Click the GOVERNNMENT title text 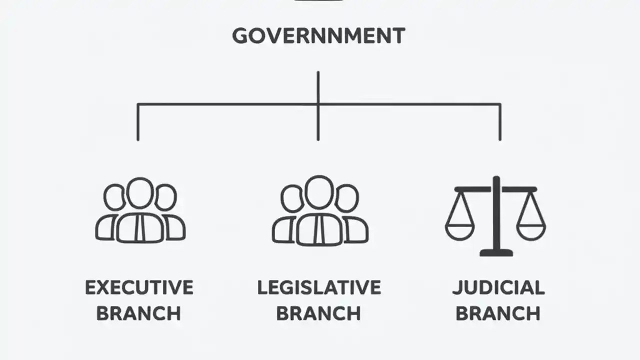click(x=318, y=36)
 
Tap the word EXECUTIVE click(x=139, y=287)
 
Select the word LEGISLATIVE click(x=319, y=287)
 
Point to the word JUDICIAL click(x=498, y=287)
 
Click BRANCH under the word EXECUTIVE click(x=139, y=313)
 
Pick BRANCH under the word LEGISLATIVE click(x=318, y=313)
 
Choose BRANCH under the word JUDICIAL click(x=498, y=313)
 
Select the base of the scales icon click(x=496, y=252)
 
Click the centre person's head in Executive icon click(x=140, y=192)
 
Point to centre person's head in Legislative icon click(x=318, y=191)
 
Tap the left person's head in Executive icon click(x=114, y=197)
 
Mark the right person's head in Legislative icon click(x=346, y=198)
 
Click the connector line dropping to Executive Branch click(x=138, y=122)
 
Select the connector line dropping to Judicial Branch click(x=500, y=122)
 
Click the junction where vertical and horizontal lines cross click(x=318, y=104)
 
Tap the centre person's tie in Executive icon click(x=140, y=227)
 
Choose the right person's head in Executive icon click(x=165, y=197)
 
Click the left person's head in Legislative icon click(x=291, y=198)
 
